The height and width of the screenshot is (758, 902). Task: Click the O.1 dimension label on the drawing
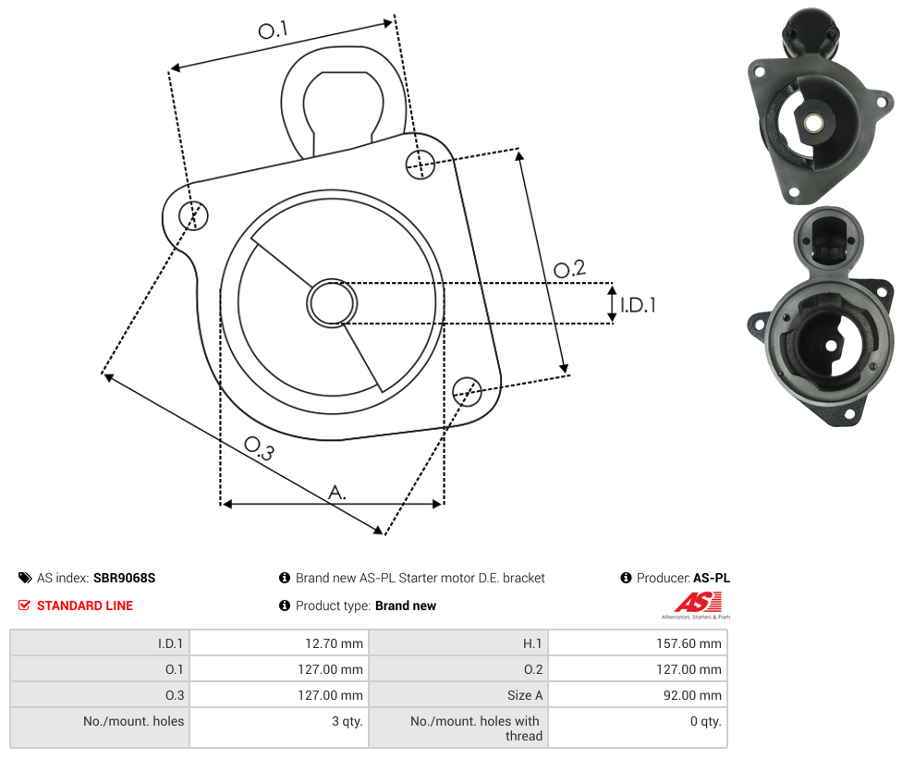(x=273, y=30)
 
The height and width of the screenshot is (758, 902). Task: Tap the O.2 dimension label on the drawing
(x=569, y=268)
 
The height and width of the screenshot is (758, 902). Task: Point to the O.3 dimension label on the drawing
(x=260, y=448)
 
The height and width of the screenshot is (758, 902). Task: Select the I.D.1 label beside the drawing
(x=638, y=304)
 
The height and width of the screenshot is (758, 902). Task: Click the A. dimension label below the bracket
(x=337, y=492)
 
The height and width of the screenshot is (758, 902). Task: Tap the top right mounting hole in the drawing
(x=421, y=164)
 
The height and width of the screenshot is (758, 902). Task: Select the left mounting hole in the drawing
(x=193, y=215)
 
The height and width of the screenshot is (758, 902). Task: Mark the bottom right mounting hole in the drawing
(x=467, y=392)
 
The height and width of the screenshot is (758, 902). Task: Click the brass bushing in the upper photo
(x=812, y=123)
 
